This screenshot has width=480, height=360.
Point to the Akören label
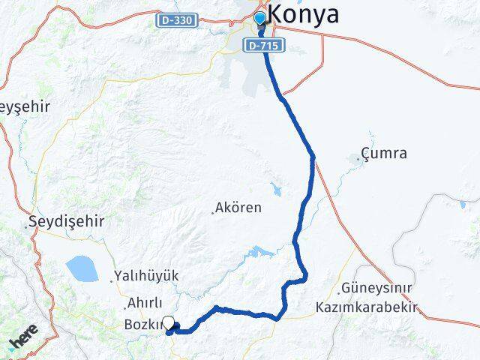pos(238,206)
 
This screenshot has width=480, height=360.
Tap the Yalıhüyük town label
pos(148,276)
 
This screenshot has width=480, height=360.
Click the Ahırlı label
pos(145,303)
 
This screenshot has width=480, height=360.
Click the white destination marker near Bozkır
pos(169,324)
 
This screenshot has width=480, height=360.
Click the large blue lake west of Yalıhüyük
pos(80,266)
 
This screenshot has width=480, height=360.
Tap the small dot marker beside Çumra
pos(355,158)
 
